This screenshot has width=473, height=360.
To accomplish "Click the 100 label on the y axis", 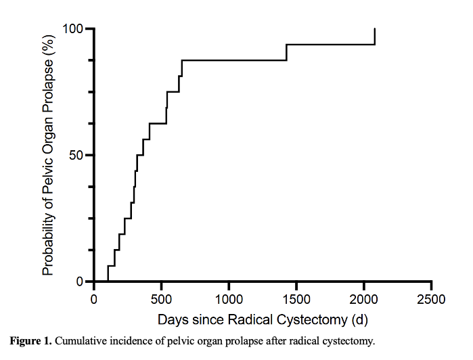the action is [72, 29].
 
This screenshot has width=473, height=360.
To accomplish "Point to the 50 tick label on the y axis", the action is [76, 156].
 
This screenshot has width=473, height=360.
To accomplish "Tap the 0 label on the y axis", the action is [80, 282].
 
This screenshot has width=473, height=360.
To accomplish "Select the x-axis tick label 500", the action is [161, 299].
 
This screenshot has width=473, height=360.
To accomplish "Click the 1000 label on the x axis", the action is [229, 299].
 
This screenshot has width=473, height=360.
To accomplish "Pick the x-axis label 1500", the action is [296, 299].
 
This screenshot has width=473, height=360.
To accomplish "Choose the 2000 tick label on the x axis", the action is [364, 299].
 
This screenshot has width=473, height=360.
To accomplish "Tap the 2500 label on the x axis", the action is [431, 299].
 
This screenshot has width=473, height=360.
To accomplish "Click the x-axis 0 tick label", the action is [94, 299].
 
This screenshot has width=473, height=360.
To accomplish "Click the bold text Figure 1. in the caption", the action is [31, 341].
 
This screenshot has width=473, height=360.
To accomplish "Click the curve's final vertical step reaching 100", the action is [375, 37].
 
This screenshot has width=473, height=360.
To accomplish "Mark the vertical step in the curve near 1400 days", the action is [286, 53].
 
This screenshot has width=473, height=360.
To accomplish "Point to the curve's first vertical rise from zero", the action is [108, 273].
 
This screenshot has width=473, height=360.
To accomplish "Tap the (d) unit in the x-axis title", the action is [359, 320].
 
